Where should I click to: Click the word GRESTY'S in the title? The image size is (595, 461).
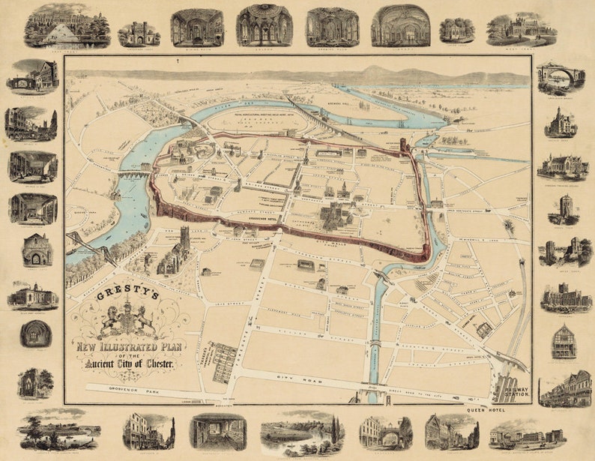click(x=127, y=295)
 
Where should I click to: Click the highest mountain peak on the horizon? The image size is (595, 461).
click(x=375, y=70)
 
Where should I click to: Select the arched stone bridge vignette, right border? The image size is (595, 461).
click(x=560, y=76)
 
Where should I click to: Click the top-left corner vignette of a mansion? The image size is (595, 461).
click(x=67, y=26)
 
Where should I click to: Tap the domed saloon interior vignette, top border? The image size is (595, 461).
click(x=264, y=25)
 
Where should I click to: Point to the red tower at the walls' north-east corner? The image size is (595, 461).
click(x=402, y=143)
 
